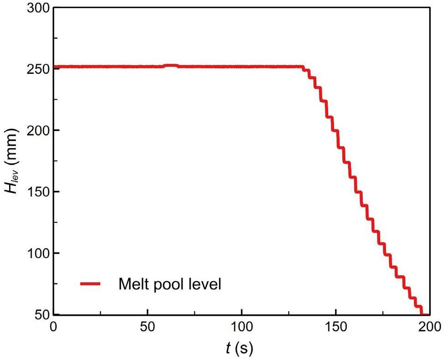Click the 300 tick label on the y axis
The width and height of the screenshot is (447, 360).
[37, 8]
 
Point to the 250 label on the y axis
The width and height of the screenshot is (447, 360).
[37, 69]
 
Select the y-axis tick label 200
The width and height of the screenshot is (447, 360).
[37, 130]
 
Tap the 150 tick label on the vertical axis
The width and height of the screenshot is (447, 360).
[37, 192]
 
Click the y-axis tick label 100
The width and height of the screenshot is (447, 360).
[37, 253]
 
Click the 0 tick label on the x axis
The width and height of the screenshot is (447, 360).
[54, 327]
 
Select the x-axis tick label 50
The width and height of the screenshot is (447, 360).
[147, 327]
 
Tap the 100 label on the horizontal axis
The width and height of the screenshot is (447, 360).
[241, 327]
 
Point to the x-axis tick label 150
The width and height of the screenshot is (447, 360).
[335, 327]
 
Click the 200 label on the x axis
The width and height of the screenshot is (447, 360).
[429, 327]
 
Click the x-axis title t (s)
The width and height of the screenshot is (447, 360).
[239, 349]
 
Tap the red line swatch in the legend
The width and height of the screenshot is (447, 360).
[93, 284]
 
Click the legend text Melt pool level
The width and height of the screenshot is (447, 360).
[170, 284]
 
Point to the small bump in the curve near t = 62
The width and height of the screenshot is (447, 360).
[171, 66]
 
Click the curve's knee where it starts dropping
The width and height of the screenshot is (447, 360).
[303, 67]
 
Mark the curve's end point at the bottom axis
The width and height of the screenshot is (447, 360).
[424, 314]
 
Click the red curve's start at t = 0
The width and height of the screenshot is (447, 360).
[54, 67]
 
